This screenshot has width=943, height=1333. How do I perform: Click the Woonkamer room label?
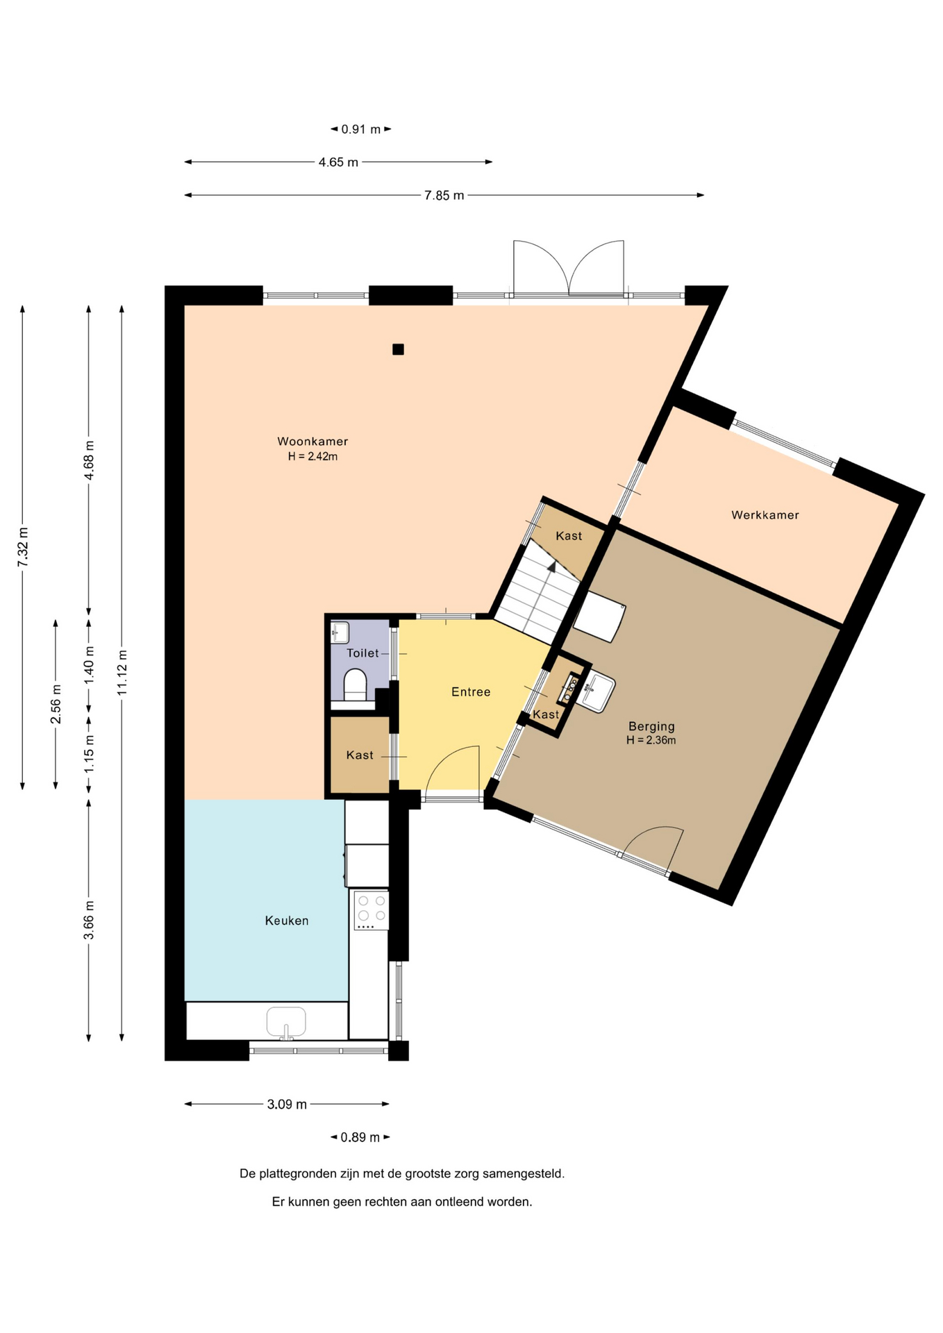[x=312, y=441]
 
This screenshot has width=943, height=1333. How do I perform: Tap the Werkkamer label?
[x=765, y=515]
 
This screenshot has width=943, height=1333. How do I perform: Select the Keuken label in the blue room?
[x=287, y=921]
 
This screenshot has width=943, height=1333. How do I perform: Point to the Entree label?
[x=471, y=691]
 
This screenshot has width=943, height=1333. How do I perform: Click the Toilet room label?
[x=363, y=653]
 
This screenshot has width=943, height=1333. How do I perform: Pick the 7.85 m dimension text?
[x=444, y=196]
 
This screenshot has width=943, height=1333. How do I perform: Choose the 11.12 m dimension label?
[x=122, y=672]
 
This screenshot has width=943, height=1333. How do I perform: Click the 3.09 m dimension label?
[x=287, y=1104]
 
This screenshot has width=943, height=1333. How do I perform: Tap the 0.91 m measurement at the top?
[x=361, y=129]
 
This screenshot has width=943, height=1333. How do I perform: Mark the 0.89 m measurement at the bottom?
[x=360, y=1137]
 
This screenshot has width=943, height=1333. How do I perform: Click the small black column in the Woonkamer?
[x=398, y=349]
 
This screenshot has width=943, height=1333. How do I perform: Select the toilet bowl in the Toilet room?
[x=355, y=683]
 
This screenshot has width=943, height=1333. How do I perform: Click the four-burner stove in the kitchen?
[x=371, y=910]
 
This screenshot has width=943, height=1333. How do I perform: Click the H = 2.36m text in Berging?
[x=651, y=740]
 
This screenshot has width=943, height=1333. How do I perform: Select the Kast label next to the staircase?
[x=569, y=535]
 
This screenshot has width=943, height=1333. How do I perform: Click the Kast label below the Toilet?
[x=360, y=755]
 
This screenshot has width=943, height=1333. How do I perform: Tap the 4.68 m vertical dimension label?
[x=89, y=460]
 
